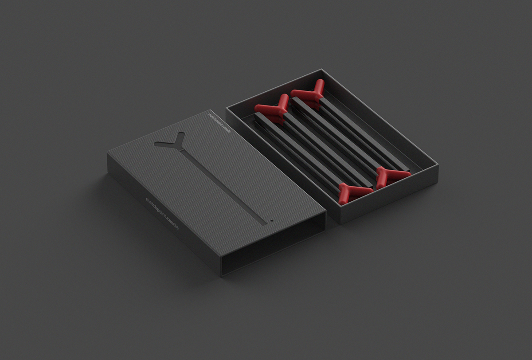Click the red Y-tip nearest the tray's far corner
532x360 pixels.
[310, 93]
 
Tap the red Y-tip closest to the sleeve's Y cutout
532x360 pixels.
[271, 108]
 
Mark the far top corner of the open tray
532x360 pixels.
[321, 70]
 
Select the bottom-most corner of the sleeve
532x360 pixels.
[221, 276]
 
